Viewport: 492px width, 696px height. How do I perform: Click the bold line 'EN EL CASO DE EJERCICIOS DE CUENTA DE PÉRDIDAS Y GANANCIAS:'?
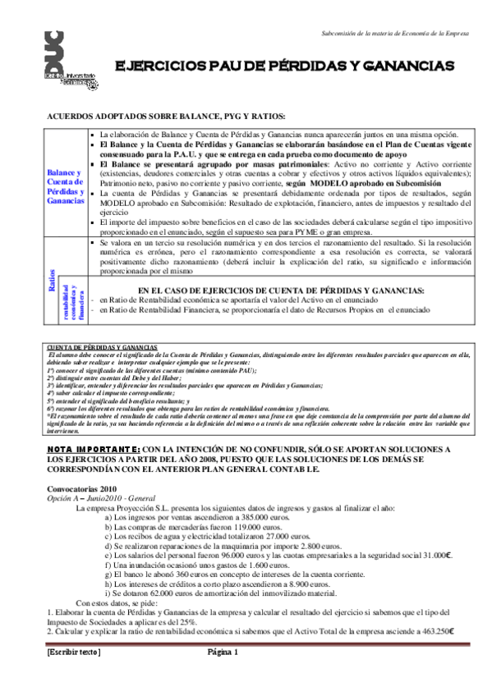(281, 291)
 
